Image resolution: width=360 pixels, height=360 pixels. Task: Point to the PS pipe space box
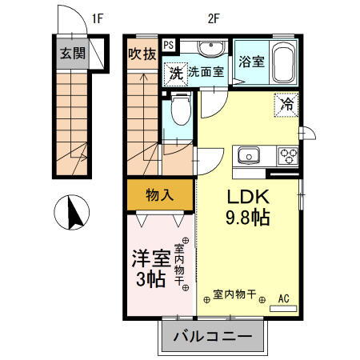point(169,46)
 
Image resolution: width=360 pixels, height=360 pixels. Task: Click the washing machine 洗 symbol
point(175,72)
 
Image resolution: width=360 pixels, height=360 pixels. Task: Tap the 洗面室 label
point(206,72)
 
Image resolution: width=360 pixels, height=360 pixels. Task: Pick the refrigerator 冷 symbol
point(287,103)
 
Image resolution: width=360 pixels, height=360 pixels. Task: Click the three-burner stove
point(286,155)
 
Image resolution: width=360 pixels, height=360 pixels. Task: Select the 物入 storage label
point(160,194)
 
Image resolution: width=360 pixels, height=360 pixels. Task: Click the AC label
point(283,299)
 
